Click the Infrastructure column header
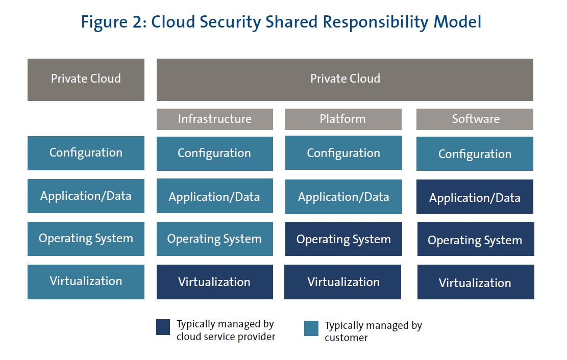point(214,119)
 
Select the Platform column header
point(343,119)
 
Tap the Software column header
point(475,119)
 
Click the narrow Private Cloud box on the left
point(86,79)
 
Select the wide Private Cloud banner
point(345,79)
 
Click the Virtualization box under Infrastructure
point(214,282)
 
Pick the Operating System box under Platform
point(343,239)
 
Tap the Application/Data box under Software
point(475,197)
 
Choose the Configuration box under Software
point(475,154)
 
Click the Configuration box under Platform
point(343,153)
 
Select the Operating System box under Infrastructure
point(214,239)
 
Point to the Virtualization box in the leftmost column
point(86,281)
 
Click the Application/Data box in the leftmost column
point(86,196)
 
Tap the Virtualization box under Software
point(475,282)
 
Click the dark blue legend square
point(163,327)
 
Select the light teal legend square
point(311,328)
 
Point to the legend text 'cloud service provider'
point(226,337)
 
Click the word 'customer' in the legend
point(346,338)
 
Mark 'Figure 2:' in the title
point(113,22)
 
